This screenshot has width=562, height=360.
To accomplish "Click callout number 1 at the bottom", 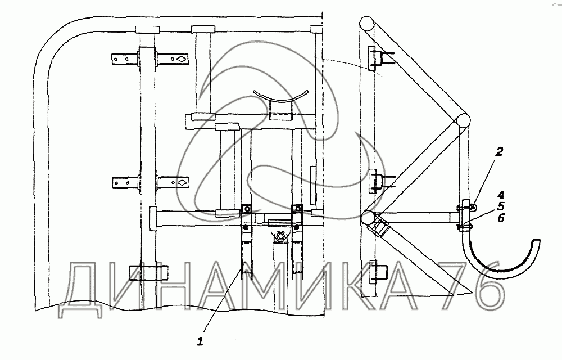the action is tap(200, 341).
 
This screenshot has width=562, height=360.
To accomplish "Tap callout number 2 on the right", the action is tap(498, 152).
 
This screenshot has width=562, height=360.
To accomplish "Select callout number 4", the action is tap(500, 195).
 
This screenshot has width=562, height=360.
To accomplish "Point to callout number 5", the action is tap(500, 206).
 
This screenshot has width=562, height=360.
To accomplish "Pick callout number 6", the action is tap(501, 217).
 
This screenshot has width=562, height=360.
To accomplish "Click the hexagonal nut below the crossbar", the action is tap(279, 236).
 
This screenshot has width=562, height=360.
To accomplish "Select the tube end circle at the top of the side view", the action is tap(366, 24).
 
